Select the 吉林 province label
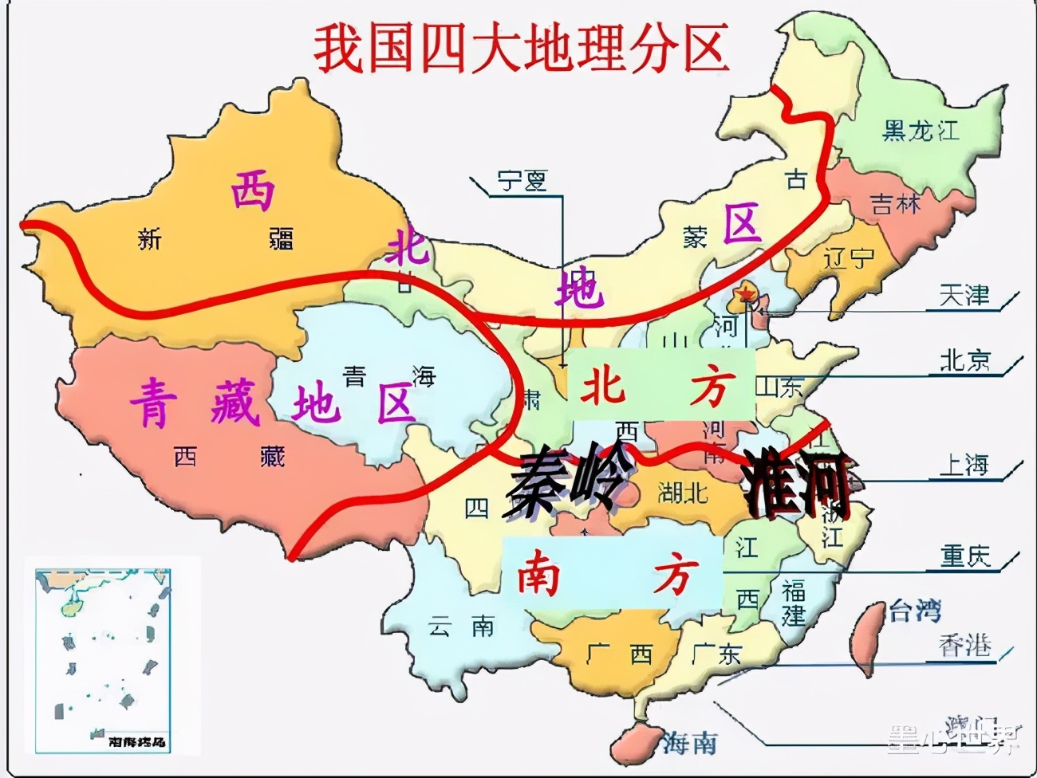tap(895, 204)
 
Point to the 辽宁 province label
tap(848, 258)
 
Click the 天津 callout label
tap(964, 297)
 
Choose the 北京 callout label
tap(964, 360)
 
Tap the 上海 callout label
tap(964, 465)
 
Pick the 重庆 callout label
tap(964, 556)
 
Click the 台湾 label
tap(914, 611)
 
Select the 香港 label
tap(964, 645)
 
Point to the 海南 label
tap(689, 743)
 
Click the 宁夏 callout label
tap(522, 181)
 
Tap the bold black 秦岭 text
tap(563, 481)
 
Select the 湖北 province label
tap(682, 493)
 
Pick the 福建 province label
tap(794, 603)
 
